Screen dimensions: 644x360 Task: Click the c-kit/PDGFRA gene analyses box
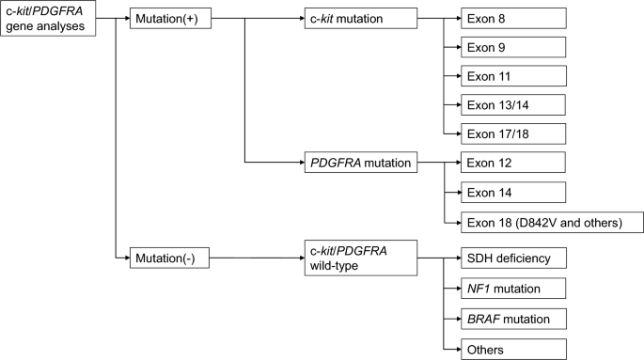[48, 19]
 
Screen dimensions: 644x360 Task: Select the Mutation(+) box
[170, 19]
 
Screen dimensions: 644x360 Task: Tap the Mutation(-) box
[169, 258]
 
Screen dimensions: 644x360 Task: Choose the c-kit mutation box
[361, 19]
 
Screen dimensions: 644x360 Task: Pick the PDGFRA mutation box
[361, 163]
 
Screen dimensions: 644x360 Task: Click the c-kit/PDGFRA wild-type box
[361, 258]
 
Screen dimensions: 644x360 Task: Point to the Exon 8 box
[513, 19]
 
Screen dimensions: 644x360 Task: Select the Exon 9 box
[513, 47]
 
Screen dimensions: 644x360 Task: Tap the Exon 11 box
[513, 76]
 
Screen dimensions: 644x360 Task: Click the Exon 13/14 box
[513, 104]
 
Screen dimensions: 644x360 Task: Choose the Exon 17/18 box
[513, 133]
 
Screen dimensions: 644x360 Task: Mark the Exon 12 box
[513, 163]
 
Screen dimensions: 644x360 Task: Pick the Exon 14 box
[513, 193]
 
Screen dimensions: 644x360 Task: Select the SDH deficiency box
[513, 258]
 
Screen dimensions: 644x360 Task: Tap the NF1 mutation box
[513, 289]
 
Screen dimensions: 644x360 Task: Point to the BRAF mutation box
[513, 319]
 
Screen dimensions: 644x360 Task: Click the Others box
[513, 350]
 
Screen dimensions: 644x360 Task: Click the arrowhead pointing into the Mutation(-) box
[127, 258]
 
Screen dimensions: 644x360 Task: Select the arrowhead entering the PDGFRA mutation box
[302, 163]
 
